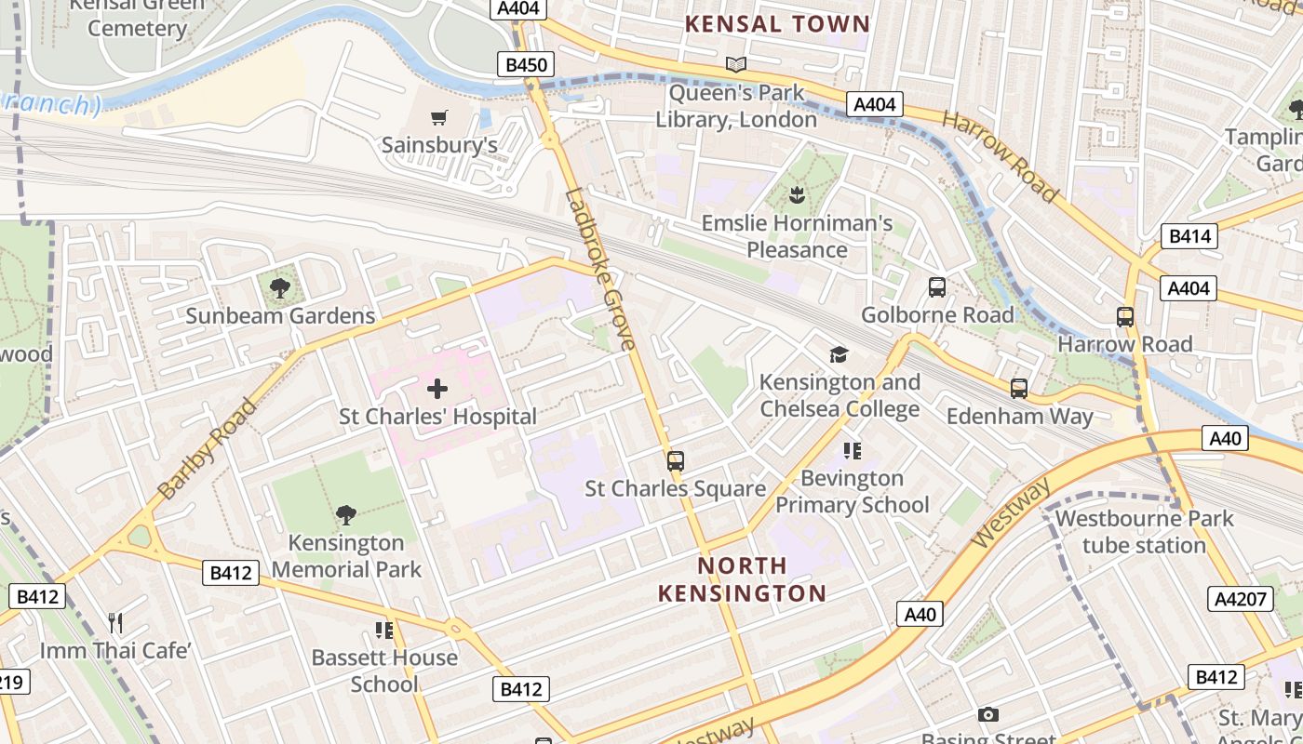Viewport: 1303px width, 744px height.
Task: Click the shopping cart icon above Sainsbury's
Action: (439, 117)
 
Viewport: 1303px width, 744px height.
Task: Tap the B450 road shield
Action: (526, 64)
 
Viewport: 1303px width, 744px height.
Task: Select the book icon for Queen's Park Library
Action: (736, 64)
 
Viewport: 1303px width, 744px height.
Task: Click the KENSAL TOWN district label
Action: (777, 24)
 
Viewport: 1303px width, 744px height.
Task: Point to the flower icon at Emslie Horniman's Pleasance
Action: (797, 195)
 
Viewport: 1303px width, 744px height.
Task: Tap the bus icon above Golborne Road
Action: (937, 287)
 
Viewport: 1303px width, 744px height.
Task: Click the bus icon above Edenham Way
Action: (1019, 388)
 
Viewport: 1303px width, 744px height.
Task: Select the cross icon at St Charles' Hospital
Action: (437, 389)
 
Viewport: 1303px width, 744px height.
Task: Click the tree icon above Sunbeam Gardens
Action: (279, 287)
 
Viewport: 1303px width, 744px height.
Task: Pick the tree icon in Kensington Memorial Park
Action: (346, 514)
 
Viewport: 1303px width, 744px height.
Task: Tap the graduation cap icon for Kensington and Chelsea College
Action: (840, 354)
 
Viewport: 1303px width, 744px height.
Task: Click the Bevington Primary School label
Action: (852, 491)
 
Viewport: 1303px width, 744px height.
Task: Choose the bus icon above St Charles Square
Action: (676, 460)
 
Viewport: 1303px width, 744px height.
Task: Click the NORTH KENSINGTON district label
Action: (742, 578)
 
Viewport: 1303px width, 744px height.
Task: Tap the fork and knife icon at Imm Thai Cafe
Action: (115, 622)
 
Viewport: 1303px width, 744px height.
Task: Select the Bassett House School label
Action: (384, 671)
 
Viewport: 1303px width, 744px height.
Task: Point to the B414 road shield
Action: (1189, 236)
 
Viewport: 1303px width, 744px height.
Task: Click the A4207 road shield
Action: (1242, 599)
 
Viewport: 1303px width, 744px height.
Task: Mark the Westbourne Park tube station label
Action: (1144, 532)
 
